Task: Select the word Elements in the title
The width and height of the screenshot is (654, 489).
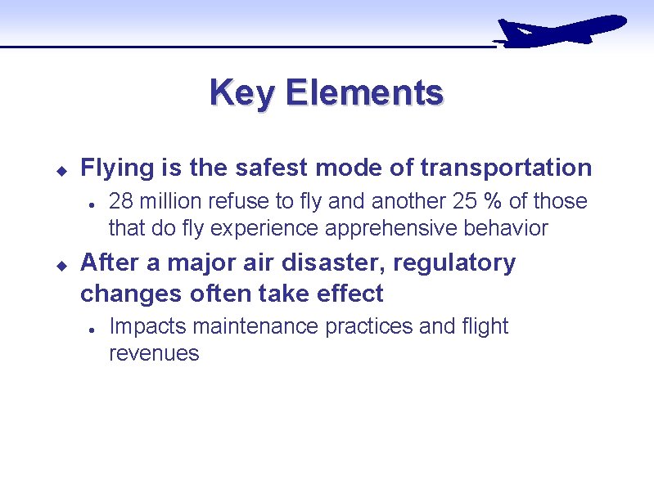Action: coord(363,92)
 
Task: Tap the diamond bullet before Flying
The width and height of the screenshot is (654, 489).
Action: coord(60,170)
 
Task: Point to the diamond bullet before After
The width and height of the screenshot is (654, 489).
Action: coord(60,265)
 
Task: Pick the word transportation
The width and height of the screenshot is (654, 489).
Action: coord(505,168)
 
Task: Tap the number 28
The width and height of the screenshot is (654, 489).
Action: coord(121,201)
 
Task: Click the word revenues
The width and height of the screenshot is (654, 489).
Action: coord(154,353)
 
